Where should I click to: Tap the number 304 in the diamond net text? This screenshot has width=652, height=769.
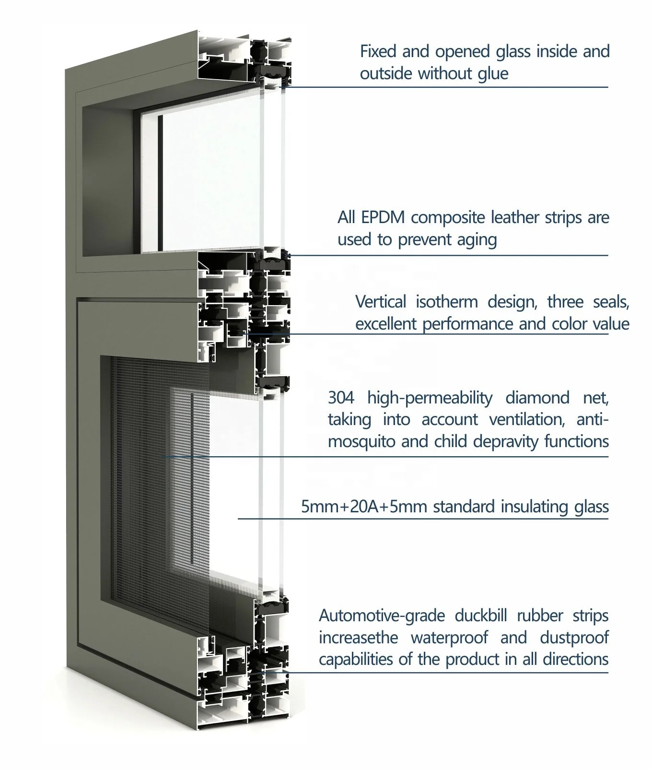[x=341, y=398]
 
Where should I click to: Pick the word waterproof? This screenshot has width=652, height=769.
[x=449, y=638]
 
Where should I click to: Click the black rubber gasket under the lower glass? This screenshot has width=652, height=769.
[x=271, y=609]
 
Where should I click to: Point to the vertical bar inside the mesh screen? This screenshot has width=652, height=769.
[x=191, y=480]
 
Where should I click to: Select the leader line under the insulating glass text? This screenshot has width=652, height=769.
[x=422, y=519]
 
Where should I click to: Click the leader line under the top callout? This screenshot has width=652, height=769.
[x=446, y=87]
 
